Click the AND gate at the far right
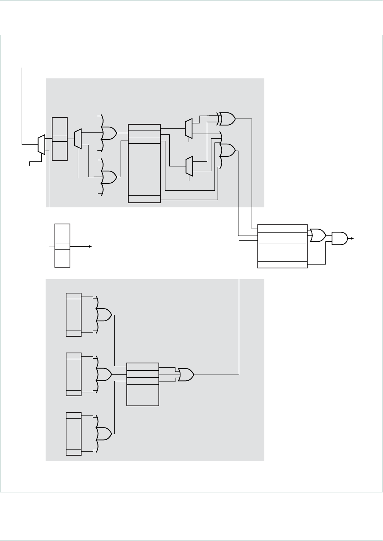point(339,238)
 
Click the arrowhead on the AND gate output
point(352,238)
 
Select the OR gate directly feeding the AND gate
point(318,235)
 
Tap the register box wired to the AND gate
point(282,246)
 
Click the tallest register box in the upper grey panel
point(144,163)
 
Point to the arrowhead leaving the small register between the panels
point(90,246)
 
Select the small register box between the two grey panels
point(62,245)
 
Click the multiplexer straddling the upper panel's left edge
point(41,144)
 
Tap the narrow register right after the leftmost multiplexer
point(60,139)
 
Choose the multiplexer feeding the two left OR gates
point(78,139)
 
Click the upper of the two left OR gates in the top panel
point(109,133)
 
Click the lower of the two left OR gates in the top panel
point(109,177)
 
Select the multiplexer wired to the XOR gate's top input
point(189,129)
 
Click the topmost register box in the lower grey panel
point(73,314)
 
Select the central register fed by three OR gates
point(143,384)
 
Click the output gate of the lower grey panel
point(186,375)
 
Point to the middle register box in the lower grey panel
point(73,374)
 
